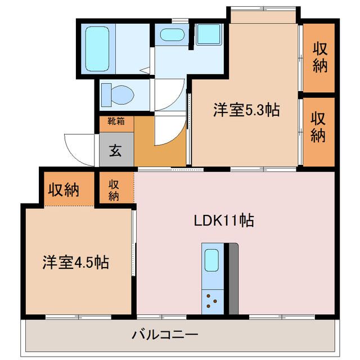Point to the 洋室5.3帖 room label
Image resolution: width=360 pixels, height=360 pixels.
(x=246, y=110)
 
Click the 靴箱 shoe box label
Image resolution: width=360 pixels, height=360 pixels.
(x=116, y=121)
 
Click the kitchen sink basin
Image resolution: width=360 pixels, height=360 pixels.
(x=211, y=260)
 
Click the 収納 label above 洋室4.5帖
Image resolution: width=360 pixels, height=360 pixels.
(x=62, y=190)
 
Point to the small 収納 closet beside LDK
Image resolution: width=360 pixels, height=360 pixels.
(x=114, y=190)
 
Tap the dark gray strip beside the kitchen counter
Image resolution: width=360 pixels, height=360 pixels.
(x=232, y=278)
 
